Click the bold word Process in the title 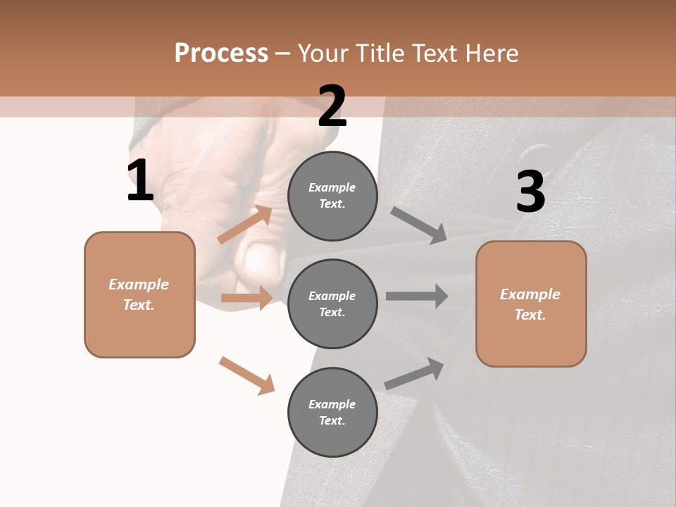pyautogui.click(x=221, y=53)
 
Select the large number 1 pyautogui.click(x=140, y=181)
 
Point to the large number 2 pyautogui.click(x=332, y=106)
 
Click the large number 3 pyautogui.click(x=530, y=192)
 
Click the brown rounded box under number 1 pyautogui.click(x=139, y=294)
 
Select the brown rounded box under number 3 pyautogui.click(x=531, y=303)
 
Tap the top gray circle pyautogui.click(x=332, y=196)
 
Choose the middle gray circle pyautogui.click(x=332, y=303)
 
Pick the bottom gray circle pyautogui.click(x=332, y=412)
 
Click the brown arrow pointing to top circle pyautogui.click(x=245, y=225)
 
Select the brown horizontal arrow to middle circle pyautogui.click(x=246, y=298)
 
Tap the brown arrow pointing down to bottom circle pyautogui.click(x=246, y=375)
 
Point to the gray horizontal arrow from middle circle pyautogui.click(x=417, y=296)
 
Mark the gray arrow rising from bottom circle pyautogui.click(x=414, y=373)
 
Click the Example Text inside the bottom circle pyautogui.click(x=332, y=412)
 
